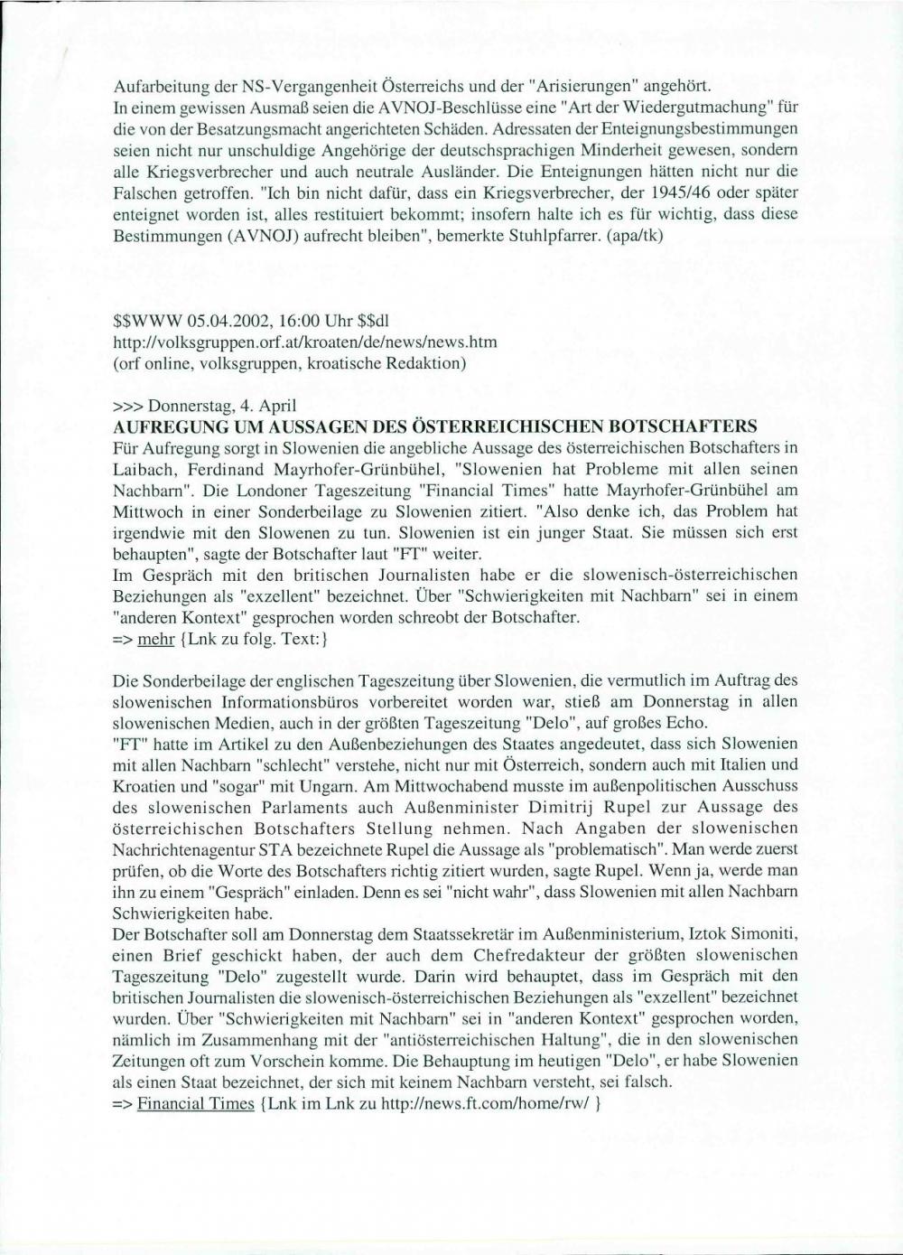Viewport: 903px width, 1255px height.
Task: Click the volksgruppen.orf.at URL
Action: (305, 342)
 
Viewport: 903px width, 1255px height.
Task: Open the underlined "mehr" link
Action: (155, 638)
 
